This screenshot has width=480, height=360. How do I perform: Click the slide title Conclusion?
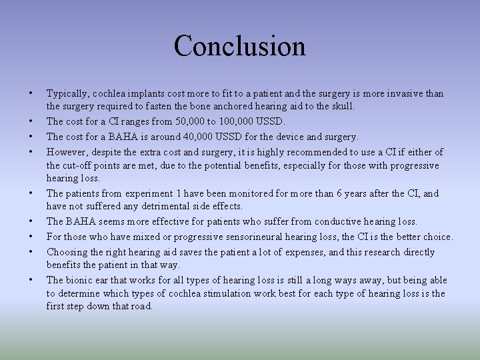click(239, 46)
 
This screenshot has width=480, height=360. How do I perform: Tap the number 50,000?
click(189, 121)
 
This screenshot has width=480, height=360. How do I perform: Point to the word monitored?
click(242, 193)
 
